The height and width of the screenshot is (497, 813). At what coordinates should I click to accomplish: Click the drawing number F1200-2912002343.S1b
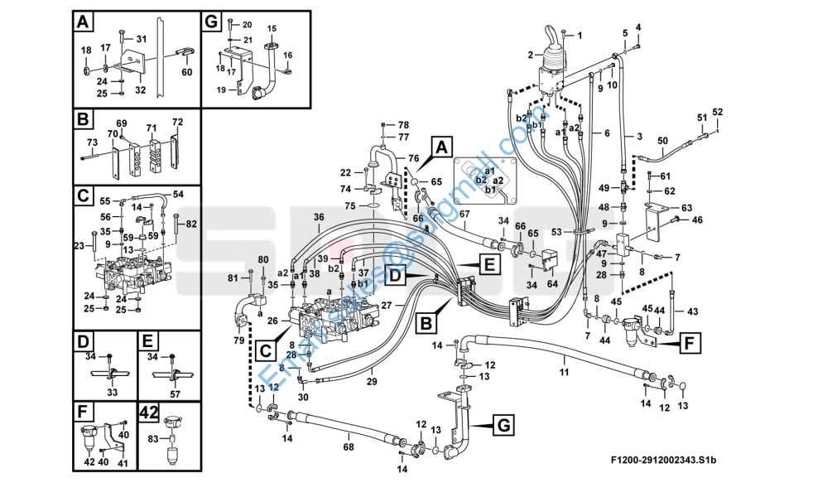pyautogui.click(x=663, y=460)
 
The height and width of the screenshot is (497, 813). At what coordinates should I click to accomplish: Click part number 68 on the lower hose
pyautogui.click(x=349, y=447)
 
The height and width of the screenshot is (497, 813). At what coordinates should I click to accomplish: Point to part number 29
pyautogui.click(x=372, y=382)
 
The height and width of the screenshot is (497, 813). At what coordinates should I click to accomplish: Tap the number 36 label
pyautogui.click(x=318, y=217)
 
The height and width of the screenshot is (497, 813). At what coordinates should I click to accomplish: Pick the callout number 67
pyautogui.click(x=464, y=214)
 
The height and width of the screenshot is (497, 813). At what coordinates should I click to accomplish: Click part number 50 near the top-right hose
pyautogui.click(x=662, y=140)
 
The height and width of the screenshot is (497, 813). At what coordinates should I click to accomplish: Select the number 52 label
pyautogui.click(x=718, y=112)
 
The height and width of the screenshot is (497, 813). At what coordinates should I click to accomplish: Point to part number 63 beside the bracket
pyautogui.click(x=686, y=207)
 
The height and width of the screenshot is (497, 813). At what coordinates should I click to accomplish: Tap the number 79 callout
pyautogui.click(x=238, y=340)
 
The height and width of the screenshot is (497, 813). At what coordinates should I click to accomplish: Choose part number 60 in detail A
pyautogui.click(x=186, y=72)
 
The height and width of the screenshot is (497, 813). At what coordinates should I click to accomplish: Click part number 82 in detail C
pyautogui.click(x=191, y=224)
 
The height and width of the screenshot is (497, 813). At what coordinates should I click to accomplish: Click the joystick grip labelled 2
pyautogui.click(x=554, y=46)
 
